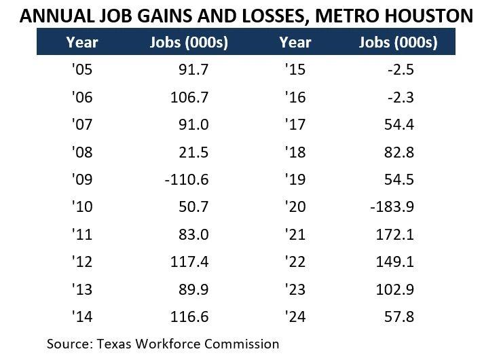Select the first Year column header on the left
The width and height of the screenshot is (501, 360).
[82, 42]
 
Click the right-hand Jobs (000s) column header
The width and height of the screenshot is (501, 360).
[398, 42]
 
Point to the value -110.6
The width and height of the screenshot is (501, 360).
[186, 179]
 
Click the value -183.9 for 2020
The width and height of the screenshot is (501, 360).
[391, 206]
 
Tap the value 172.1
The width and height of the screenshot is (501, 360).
[395, 234]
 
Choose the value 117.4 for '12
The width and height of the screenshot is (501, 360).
[189, 262]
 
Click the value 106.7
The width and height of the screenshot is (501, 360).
[189, 97]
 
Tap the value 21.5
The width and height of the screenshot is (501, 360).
[193, 152]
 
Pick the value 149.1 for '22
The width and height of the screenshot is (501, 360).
[395, 262]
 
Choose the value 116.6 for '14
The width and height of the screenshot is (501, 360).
[189, 317]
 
